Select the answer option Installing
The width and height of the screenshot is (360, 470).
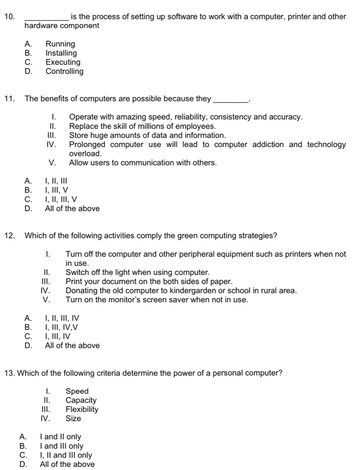click(61, 53)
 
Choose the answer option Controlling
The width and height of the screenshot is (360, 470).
click(64, 71)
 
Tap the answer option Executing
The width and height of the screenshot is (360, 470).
click(63, 62)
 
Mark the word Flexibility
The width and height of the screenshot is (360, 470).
click(82, 409)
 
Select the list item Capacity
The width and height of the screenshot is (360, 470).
click(81, 400)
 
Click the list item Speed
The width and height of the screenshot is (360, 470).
click(77, 391)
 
